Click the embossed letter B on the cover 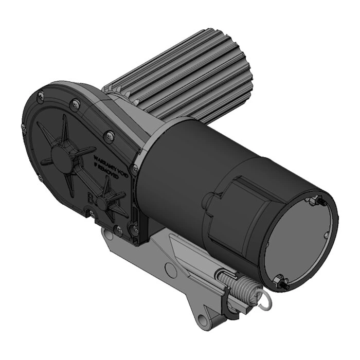[92, 197]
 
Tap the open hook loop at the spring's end [263, 304]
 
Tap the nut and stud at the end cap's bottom [281, 280]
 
